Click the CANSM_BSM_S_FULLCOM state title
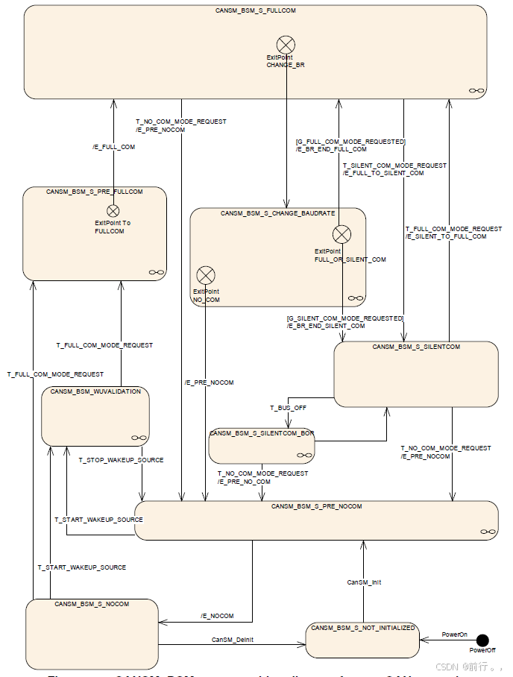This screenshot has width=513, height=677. pyautogui.click(x=256, y=11)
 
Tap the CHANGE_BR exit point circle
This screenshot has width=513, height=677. pyautogui.click(x=286, y=45)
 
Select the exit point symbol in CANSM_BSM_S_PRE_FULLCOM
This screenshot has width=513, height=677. pyautogui.click(x=113, y=211)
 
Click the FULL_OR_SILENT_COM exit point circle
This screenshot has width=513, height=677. pyautogui.click(x=342, y=235)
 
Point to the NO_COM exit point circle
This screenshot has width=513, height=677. pyautogui.click(x=205, y=275)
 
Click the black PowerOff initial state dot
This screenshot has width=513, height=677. pyautogui.click(x=482, y=640)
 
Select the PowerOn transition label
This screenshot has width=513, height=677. pyautogui.click(x=454, y=635)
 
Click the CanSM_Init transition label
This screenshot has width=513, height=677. pyautogui.click(x=364, y=582)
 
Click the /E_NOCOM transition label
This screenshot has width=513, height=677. pyautogui.click(x=217, y=616)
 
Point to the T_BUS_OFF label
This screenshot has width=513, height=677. pyautogui.click(x=288, y=408)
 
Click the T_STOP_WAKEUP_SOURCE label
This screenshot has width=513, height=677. pyautogui.click(x=121, y=460)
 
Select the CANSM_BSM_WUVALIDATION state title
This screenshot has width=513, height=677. pyautogui.click(x=95, y=391)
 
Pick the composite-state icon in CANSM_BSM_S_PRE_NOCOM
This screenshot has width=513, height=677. pyautogui.click(x=488, y=531)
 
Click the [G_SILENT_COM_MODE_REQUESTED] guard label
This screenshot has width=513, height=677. pyautogui.click(x=344, y=318)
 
